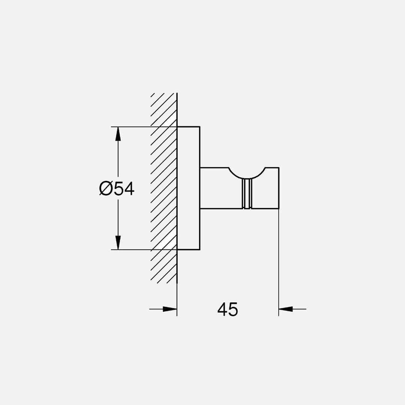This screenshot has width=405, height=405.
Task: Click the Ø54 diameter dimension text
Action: [x=117, y=188]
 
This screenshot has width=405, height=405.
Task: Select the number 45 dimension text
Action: [x=228, y=309]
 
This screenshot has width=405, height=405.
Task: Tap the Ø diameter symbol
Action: [x=106, y=188]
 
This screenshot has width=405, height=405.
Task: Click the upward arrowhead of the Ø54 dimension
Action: [x=118, y=133]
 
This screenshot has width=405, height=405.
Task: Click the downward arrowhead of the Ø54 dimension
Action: [x=118, y=243]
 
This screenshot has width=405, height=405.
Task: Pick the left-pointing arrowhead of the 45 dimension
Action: [x=285, y=309]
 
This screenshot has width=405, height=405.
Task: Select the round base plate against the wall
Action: [x=188, y=188]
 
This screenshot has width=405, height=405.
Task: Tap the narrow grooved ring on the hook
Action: [x=247, y=193]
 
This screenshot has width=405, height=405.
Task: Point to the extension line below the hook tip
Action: [x=279, y=262]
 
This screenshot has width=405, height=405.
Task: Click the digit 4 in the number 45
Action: [x=222, y=309]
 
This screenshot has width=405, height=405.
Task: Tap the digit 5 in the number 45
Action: [x=233, y=309]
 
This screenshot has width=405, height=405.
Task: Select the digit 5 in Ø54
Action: [x=118, y=188]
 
